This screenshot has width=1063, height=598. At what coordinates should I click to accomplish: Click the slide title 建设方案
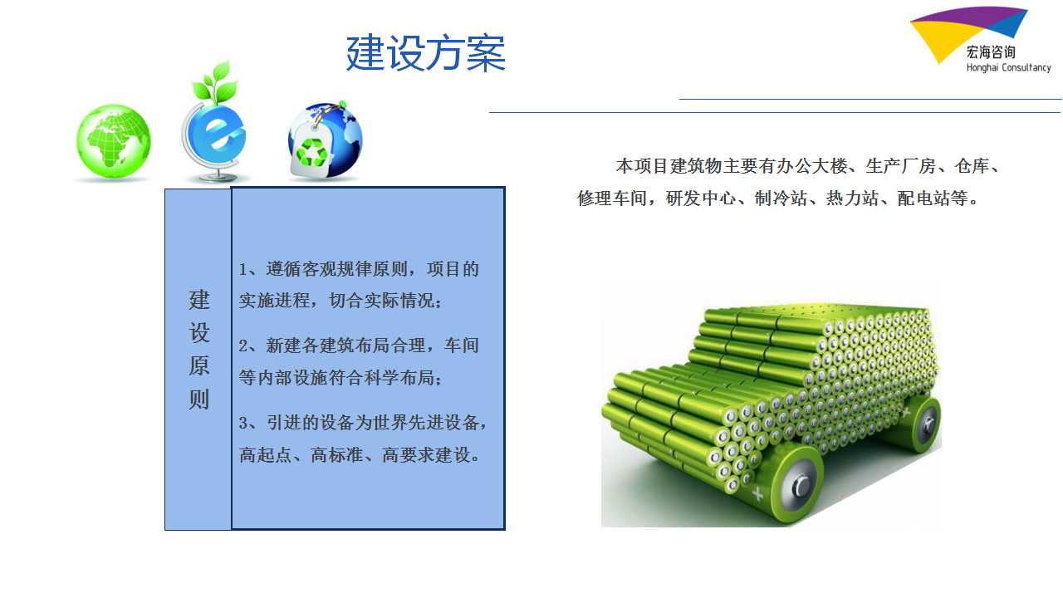click(x=426, y=52)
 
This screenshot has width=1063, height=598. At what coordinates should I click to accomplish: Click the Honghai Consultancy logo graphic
click(x=968, y=34)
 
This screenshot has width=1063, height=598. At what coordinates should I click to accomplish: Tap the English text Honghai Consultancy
click(x=1008, y=68)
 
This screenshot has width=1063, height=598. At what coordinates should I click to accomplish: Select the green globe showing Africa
click(x=114, y=141)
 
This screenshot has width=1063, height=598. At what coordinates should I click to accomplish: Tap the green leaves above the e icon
click(x=215, y=82)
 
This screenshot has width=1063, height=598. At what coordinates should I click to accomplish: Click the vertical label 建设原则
click(x=198, y=350)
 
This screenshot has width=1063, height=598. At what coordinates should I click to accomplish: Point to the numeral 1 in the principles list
click(x=243, y=270)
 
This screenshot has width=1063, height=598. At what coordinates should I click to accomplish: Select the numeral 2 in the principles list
click(x=243, y=346)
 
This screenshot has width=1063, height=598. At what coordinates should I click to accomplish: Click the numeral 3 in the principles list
click(x=243, y=423)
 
